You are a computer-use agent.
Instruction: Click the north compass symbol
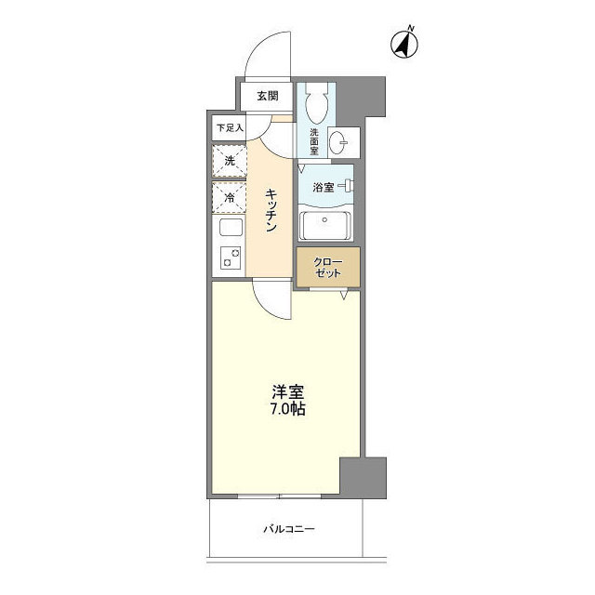pyautogui.click(x=406, y=42)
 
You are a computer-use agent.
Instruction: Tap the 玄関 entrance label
pyautogui.click(x=268, y=95)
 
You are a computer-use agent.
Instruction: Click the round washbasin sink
pyautogui.click(x=343, y=141)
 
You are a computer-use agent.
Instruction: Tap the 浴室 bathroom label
pyautogui.click(x=324, y=187)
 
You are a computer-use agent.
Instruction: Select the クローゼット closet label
pyautogui.click(x=327, y=267)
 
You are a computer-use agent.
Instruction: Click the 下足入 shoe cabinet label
pyautogui.click(x=229, y=126)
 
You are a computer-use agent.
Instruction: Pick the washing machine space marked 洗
pyautogui.click(x=229, y=160)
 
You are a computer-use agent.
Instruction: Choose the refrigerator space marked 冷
pyautogui.click(x=229, y=196)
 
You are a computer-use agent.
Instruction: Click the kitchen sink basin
pyautogui.click(x=229, y=228)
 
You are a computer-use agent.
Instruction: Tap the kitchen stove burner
pyautogui.click(x=229, y=258)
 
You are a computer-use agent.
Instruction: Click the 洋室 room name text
pyautogui.click(x=286, y=391)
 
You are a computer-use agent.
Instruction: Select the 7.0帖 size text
pyautogui.click(x=286, y=409)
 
